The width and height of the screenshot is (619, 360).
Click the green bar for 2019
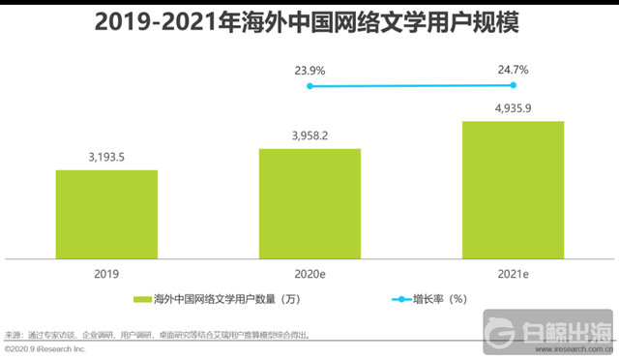106,214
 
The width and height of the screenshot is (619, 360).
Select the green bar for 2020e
309,203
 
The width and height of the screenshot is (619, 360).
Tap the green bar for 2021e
513,190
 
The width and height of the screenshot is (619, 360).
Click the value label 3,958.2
309,136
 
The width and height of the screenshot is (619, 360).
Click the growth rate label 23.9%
309,70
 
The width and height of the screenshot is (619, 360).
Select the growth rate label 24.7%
513,70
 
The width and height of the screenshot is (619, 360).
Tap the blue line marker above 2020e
309,86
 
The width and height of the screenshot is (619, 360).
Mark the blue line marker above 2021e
513,85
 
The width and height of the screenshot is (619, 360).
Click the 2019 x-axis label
106,273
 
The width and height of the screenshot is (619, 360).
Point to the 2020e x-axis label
309,273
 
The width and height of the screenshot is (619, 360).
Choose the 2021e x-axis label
513,273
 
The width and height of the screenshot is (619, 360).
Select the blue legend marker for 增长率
401,299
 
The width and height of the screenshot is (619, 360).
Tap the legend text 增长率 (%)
443,299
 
